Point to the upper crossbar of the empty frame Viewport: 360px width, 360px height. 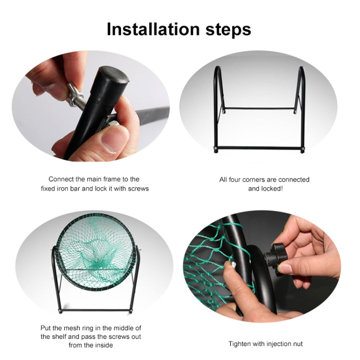point(259,108)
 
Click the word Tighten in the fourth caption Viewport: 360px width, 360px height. point(239,344)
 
